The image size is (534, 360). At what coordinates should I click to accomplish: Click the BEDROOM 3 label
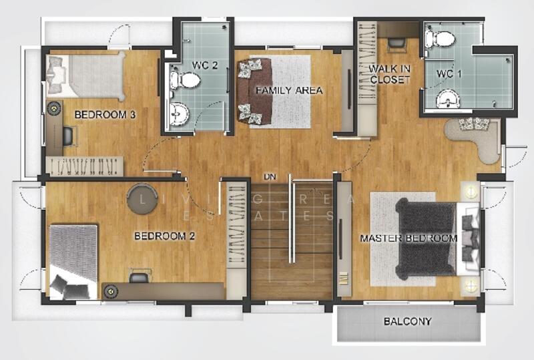[105, 115]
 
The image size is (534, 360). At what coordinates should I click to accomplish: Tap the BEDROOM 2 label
[164, 236]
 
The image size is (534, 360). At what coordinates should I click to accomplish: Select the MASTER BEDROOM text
[409, 238]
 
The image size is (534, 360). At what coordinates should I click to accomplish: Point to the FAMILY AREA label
[289, 90]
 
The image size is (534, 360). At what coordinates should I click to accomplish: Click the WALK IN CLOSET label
[390, 74]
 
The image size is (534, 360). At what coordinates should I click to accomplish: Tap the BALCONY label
[408, 321]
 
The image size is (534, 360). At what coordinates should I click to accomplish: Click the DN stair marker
[270, 177]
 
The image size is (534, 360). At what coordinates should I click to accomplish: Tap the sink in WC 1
[448, 100]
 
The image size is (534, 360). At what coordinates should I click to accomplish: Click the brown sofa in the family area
[253, 91]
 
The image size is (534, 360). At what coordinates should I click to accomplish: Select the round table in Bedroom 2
[142, 199]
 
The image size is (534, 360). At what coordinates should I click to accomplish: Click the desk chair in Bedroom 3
[69, 136]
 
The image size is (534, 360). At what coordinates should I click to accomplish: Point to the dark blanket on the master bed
[425, 238]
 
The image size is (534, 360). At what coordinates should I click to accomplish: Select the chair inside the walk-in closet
[396, 44]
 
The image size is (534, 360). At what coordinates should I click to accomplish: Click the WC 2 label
[204, 65]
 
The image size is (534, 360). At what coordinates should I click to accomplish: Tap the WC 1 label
[449, 73]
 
